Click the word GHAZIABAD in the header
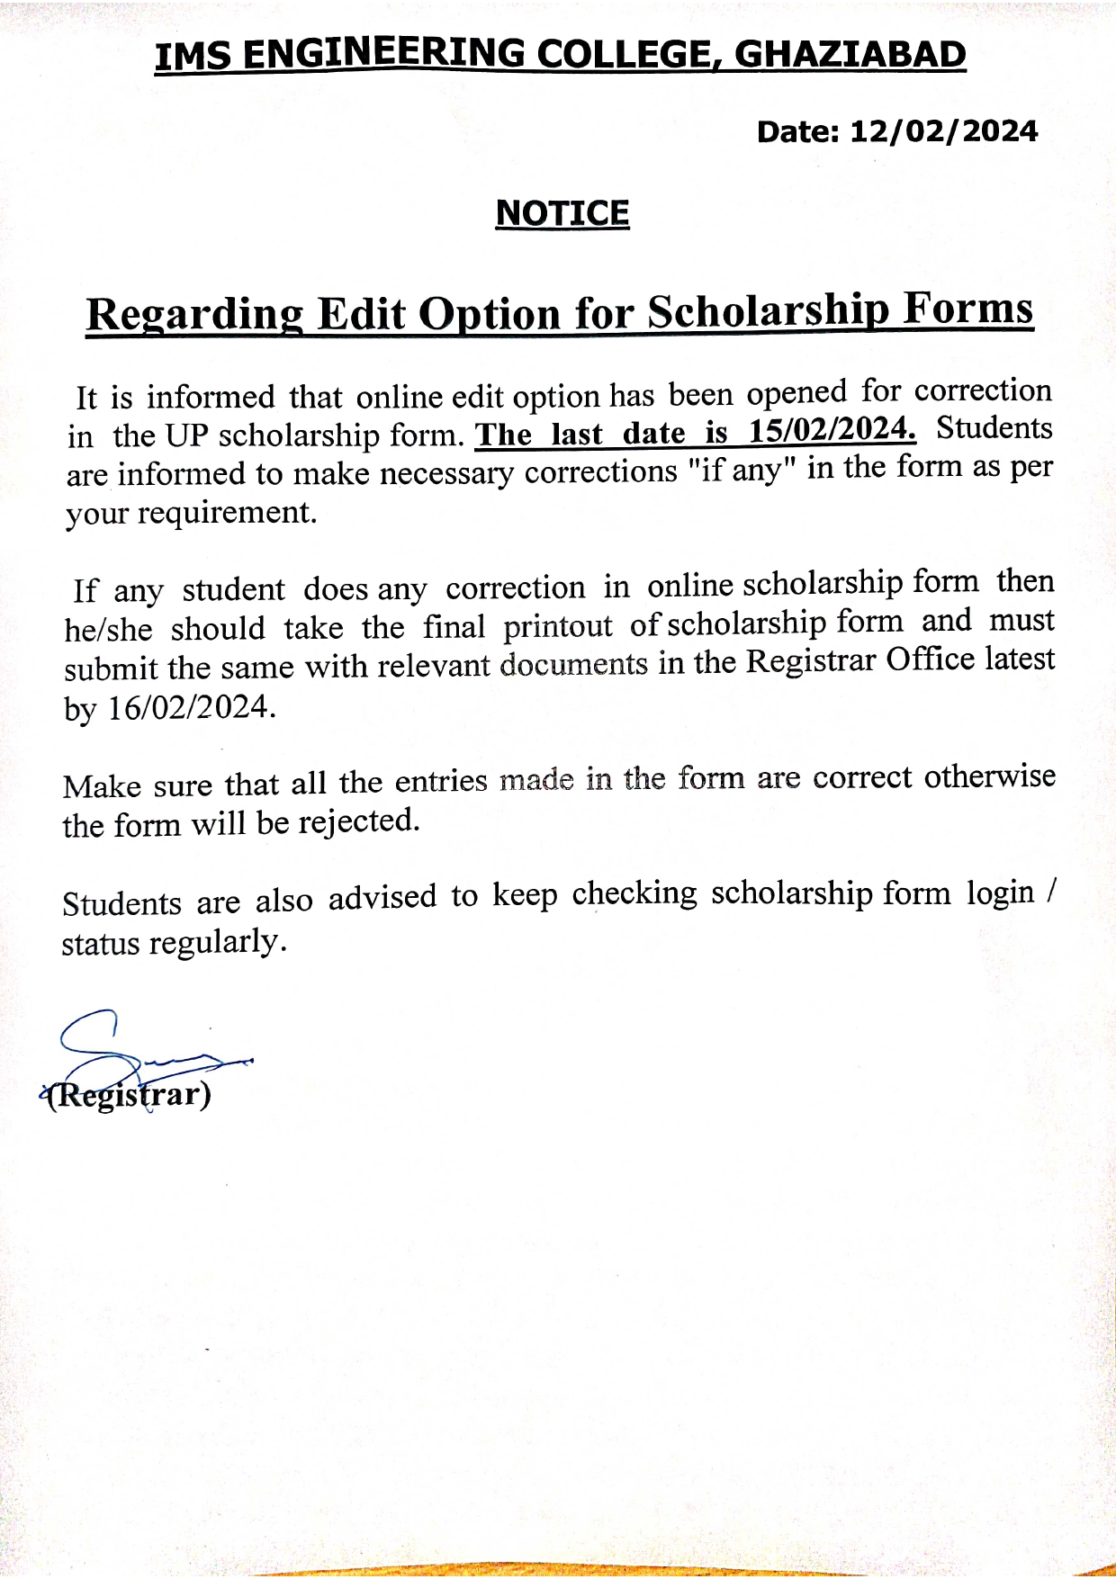(x=850, y=55)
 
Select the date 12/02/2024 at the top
(x=943, y=131)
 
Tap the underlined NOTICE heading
(x=562, y=213)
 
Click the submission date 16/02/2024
(x=191, y=708)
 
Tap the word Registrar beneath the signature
(x=129, y=1094)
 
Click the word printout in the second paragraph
(x=557, y=625)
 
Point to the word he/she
(x=108, y=629)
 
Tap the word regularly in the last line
(x=217, y=943)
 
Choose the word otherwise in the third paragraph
(x=989, y=776)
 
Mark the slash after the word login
(x=1051, y=893)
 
